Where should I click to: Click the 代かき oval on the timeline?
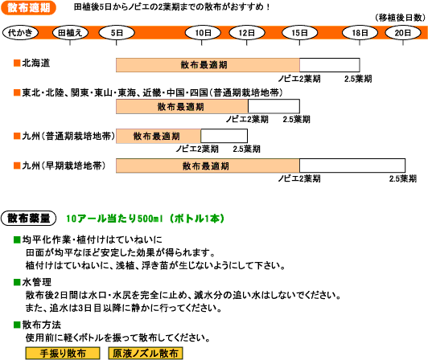pos(20,33)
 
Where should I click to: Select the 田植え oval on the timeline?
pos(70,33)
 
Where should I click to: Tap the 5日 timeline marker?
pos(117,33)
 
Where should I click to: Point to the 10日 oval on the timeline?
pos(203,33)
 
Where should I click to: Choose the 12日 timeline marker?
pos(247,33)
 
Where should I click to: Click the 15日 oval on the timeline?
pos(300,33)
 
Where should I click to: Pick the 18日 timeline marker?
pos(360,33)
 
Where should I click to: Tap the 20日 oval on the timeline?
pos(403,33)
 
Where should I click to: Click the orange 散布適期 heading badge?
pos(29,8)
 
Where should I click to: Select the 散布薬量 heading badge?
pos(29,219)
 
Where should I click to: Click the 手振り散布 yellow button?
pos(63,354)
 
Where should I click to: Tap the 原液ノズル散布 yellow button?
pos(146,354)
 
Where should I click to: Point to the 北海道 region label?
pos(35,63)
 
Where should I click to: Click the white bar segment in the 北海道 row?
pos(330,65)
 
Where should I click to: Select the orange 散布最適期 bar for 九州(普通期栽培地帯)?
pos(158,136)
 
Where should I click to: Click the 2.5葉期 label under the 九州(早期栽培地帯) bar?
pos(403,178)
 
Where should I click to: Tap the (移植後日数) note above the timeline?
pos(400,18)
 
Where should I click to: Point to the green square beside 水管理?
pos(17,282)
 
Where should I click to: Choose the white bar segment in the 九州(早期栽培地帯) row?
pos(352,166)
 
